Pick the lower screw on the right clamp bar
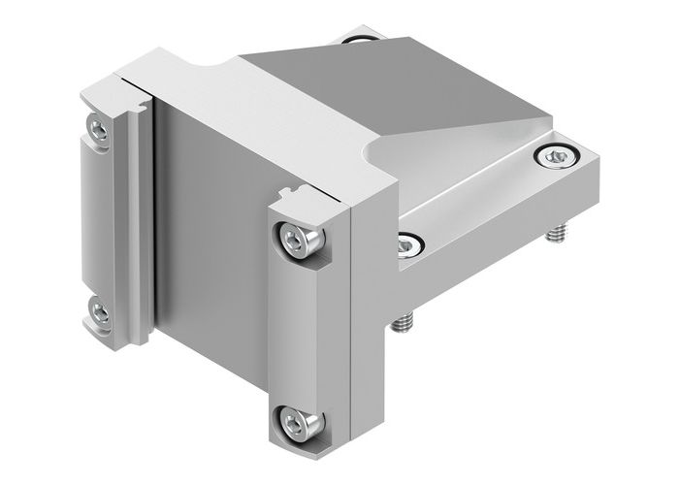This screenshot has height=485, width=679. coord(293,419)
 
